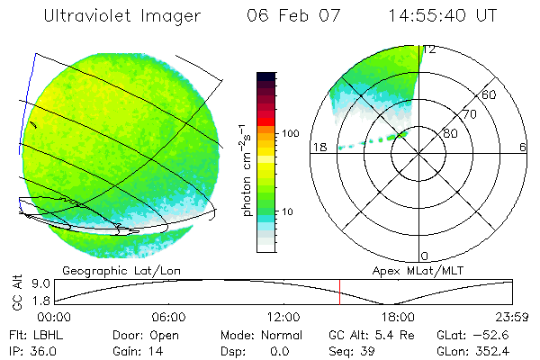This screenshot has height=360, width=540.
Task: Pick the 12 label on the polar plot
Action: pos(430,50)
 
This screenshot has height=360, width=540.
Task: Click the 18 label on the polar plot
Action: pos(319,148)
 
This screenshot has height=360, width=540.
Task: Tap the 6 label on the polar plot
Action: pos(523,148)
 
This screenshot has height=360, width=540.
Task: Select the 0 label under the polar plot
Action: pos(425,256)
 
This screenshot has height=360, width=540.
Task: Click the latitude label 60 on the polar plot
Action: pos(490,94)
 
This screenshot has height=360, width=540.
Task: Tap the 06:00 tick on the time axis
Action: pos(168,318)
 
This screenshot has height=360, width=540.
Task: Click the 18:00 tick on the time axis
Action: pos(398,318)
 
